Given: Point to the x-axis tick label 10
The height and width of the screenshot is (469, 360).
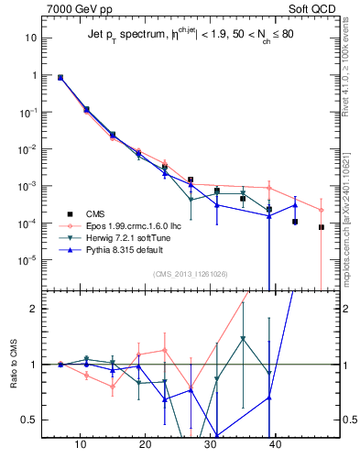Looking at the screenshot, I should [81, 444].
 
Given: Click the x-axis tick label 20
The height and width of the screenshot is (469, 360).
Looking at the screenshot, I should [146, 444].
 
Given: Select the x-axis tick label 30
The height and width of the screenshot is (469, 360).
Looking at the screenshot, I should [211, 444].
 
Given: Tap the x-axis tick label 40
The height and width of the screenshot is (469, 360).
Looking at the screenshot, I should [276, 444].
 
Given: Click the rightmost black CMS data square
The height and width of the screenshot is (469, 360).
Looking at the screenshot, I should [322, 227].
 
